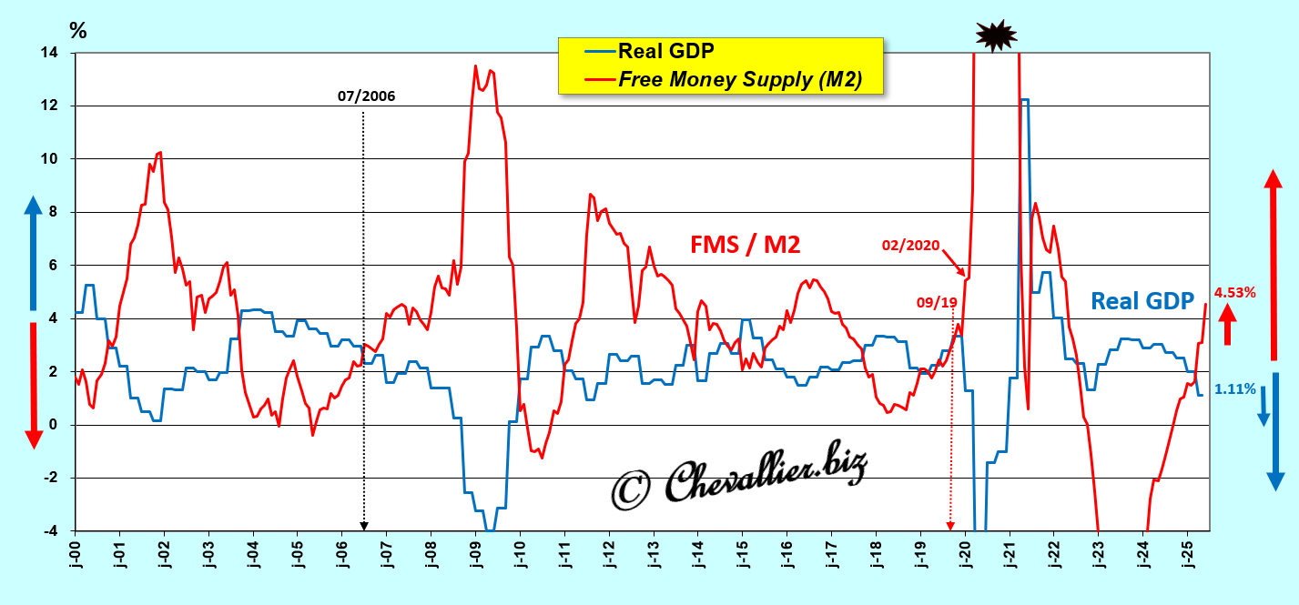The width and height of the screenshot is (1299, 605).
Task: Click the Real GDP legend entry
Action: pyautogui.click(x=665, y=51)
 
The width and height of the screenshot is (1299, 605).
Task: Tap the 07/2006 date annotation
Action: pyautogui.click(x=367, y=96)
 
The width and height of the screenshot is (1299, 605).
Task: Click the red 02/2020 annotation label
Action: pyautogui.click(x=910, y=245)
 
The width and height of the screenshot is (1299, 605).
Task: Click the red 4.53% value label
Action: pyautogui.click(x=1235, y=293)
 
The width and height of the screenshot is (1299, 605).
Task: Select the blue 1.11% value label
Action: pyautogui.click(x=1235, y=389)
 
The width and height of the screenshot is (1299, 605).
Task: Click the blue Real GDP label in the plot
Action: pyautogui.click(x=1142, y=301)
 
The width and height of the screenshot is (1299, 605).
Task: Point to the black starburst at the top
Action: pyautogui.click(x=995, y=35)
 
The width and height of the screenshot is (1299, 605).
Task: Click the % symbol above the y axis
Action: pyautogui.click(x=78, y=31)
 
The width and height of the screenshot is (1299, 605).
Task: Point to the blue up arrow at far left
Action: pyautogui.click(x=33, y=253)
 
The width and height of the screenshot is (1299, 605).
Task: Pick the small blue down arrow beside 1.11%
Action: pyautogui.click(x=1263, y=412)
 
